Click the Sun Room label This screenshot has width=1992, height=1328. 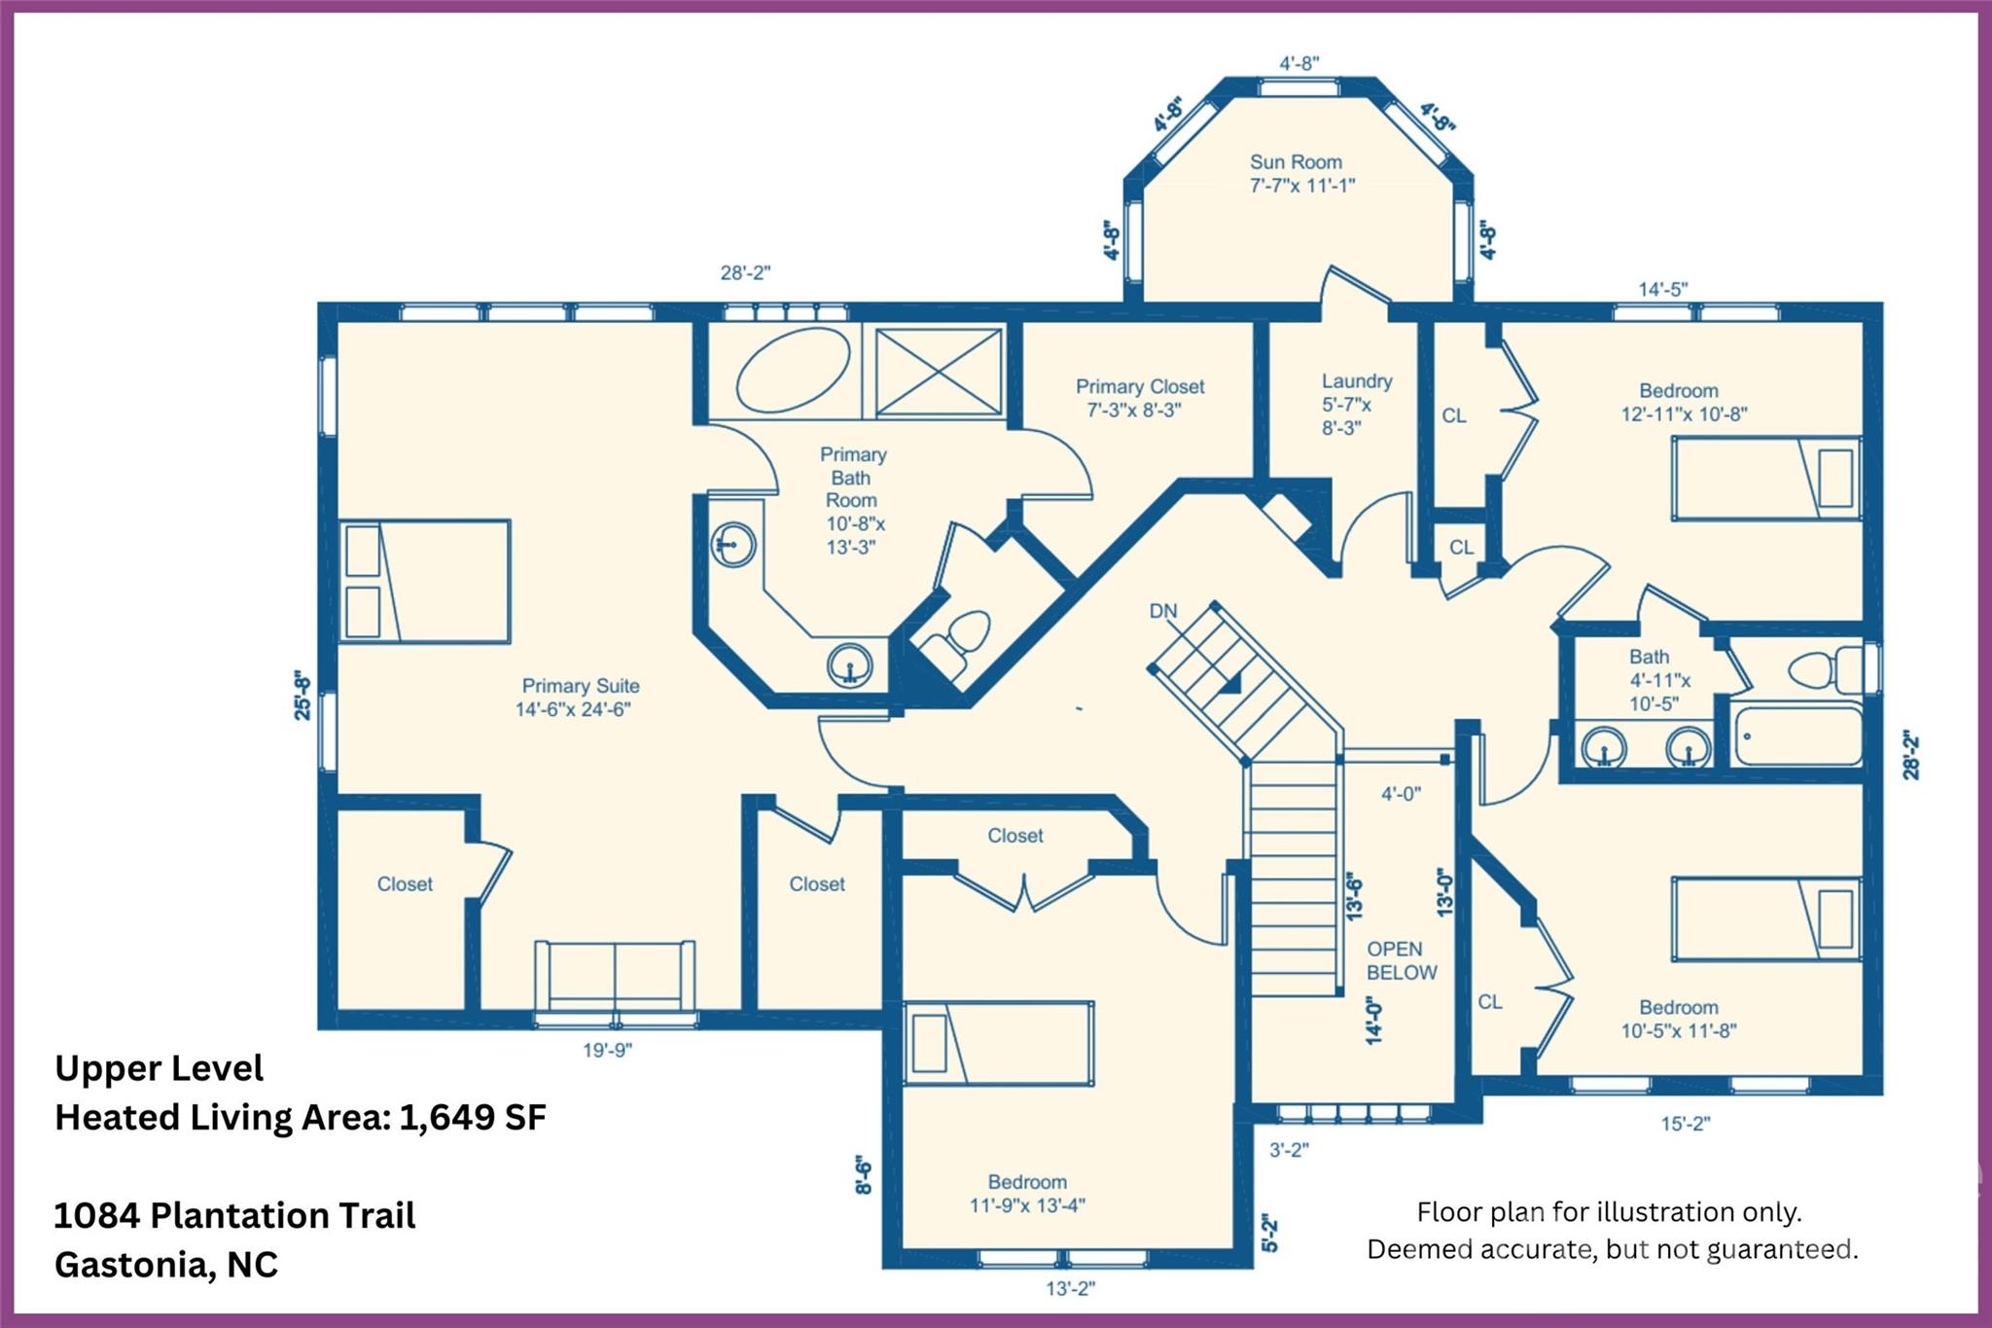tap(1296, 162)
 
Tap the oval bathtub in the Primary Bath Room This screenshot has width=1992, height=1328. tap(793, 370)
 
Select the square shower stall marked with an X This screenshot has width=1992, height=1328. tap(939, 372)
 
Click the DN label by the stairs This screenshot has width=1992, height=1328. tap(1163, 611)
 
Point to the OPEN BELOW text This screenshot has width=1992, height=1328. tap(1401, 960)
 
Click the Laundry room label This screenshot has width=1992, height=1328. tap(1356, 381)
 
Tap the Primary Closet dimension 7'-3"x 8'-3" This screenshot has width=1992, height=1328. tap(1133, 411)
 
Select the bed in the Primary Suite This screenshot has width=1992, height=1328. tap(425, 582)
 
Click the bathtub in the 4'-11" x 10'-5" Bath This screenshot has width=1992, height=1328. tap(1797, 736)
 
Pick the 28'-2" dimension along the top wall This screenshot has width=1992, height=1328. tap(745, 273)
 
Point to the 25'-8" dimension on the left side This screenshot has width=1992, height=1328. tap(302, 695)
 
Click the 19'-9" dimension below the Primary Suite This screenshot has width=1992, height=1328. tap(607, 1050)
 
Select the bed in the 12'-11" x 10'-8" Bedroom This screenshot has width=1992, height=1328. tap(1765, 479)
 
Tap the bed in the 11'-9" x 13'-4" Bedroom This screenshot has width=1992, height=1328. tap(999, 1043)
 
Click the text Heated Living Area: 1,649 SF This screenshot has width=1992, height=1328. tap(301, 1117)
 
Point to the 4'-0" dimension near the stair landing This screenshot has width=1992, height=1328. tap(1401, 794)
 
